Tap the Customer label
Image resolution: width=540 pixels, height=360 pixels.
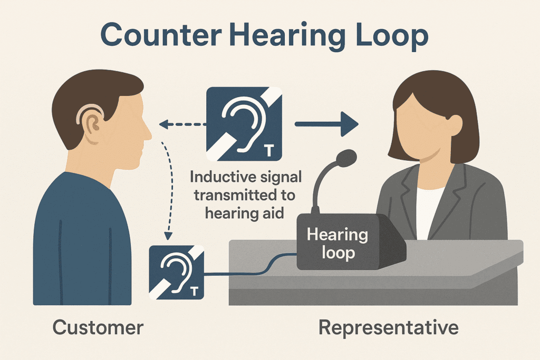coord(98,327)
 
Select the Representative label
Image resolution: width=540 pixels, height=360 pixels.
coord(389,327)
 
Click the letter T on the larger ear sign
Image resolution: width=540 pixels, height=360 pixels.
coord(268,152)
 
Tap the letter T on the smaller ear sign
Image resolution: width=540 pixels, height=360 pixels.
coord(193,291)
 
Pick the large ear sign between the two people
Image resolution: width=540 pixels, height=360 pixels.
coord(244,124)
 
